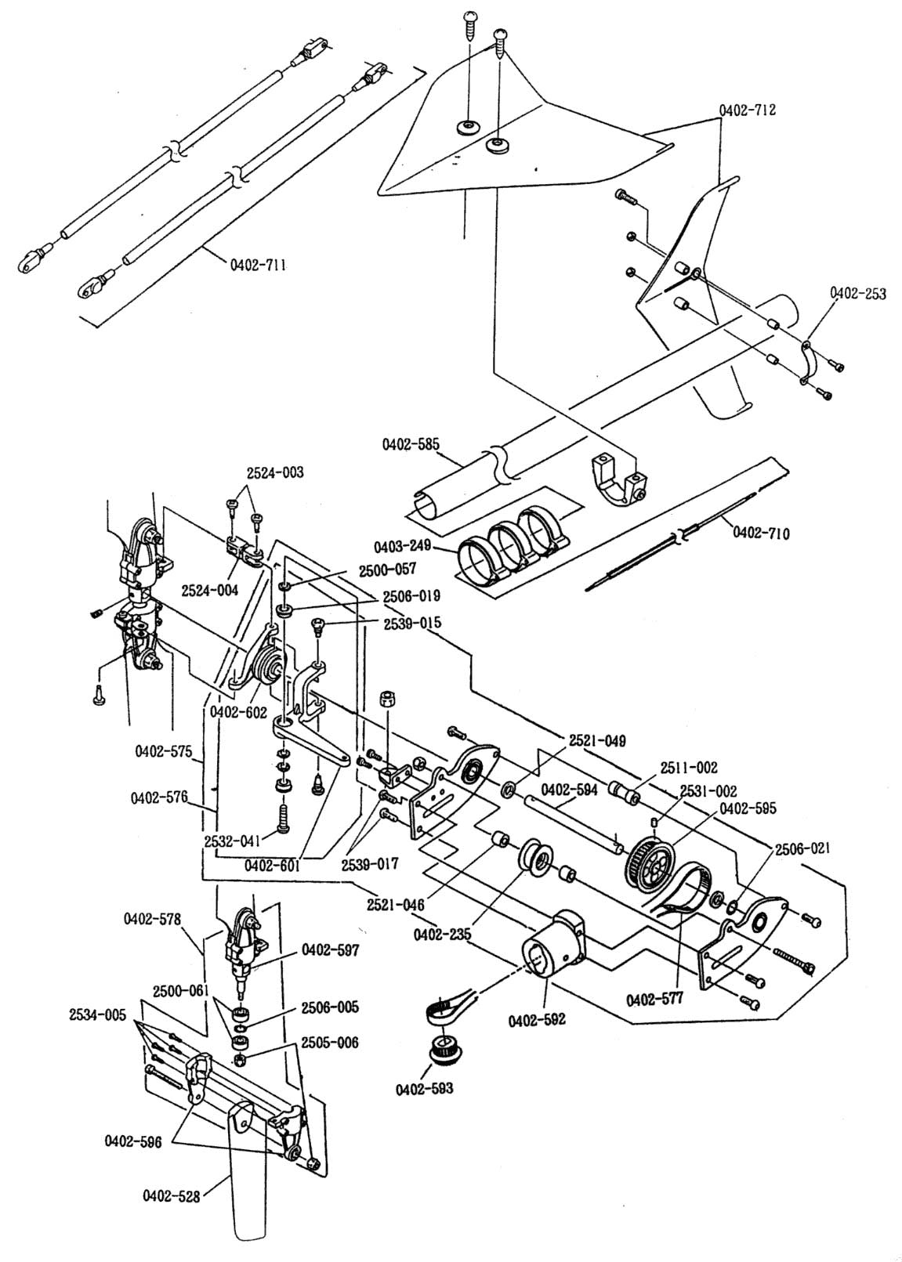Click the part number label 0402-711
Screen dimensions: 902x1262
coord(257,264)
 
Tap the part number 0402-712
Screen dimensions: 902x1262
coord(748,110)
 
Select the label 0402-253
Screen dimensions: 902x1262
coord(857,293)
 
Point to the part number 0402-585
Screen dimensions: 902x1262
coord(410,444)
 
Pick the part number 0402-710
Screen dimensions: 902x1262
coord(761,532)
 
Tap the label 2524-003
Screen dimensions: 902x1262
coord(274,472)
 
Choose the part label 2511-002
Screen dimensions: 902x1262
coord(689,767)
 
